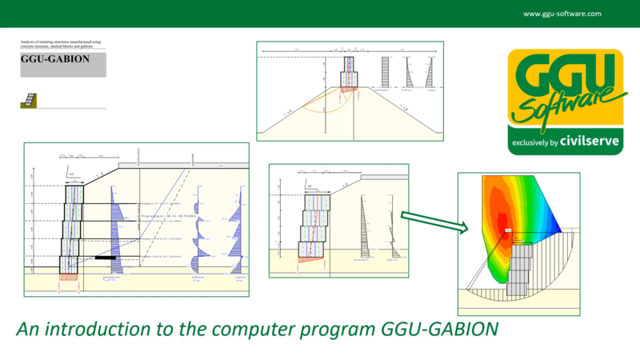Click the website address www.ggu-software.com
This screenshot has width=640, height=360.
[564, 14]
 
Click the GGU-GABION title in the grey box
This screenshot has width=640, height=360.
[55, 59]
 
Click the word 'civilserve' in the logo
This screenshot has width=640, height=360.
[592, 146]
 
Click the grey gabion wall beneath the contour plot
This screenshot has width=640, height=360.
[519, 268]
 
